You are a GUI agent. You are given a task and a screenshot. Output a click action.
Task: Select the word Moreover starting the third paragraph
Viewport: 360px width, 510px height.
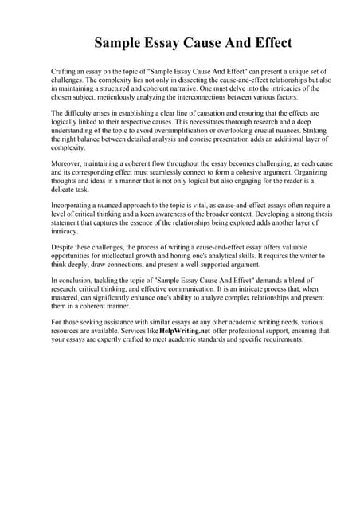pyautogui.click(x=66, y=164)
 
